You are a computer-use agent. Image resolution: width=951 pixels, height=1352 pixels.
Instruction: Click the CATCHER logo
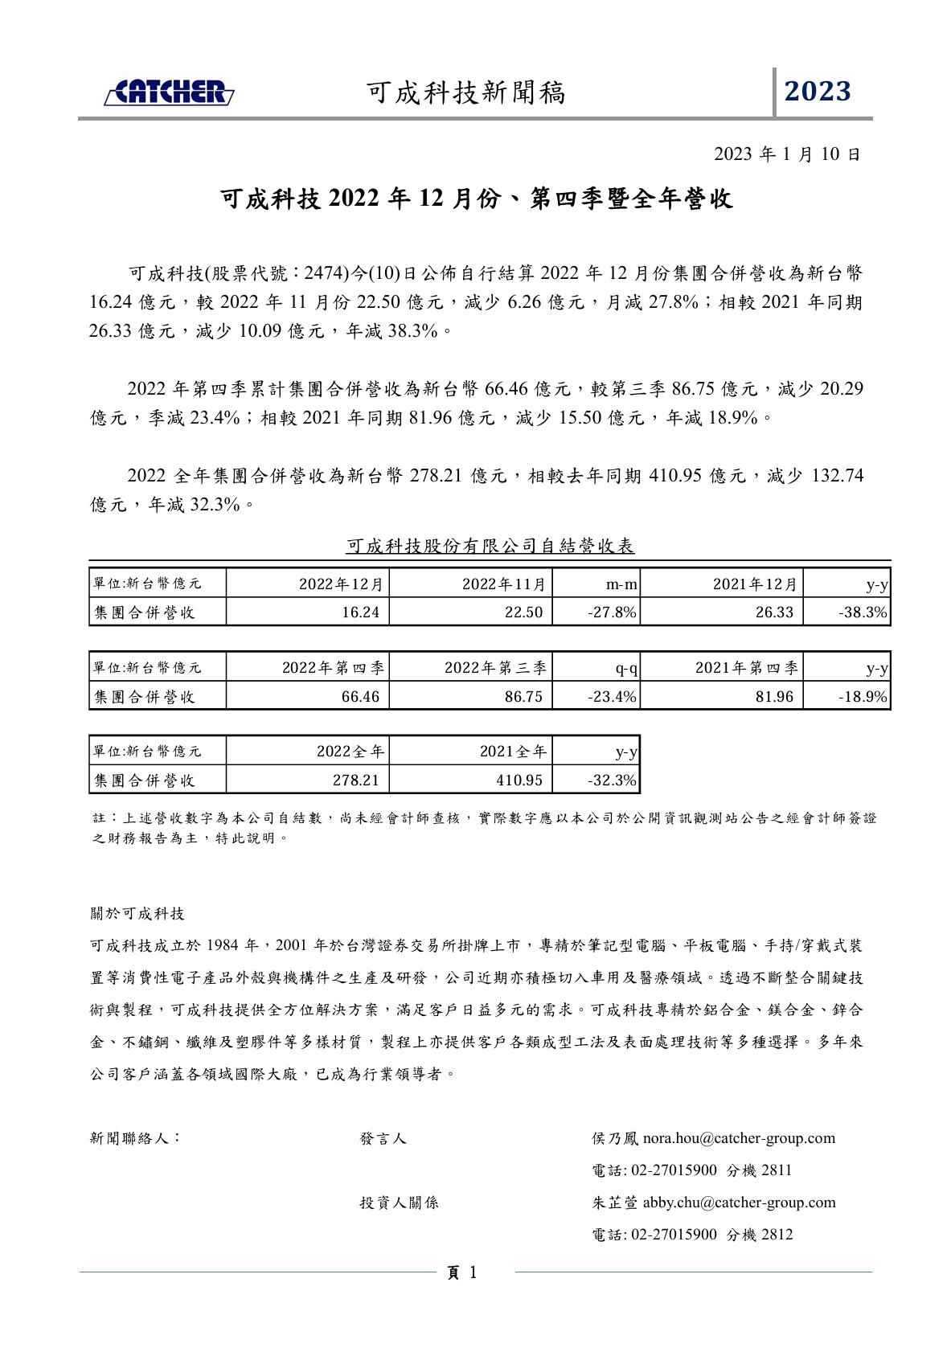point(169,92)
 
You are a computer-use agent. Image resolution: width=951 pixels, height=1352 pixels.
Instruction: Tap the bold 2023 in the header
point(818,92)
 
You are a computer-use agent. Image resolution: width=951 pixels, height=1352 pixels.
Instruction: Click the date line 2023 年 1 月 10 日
point(787,154)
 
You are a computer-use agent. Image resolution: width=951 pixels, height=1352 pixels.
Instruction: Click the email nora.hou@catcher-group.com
point(739,1138)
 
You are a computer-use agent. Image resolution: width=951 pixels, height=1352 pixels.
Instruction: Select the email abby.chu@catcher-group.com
point(739,1202)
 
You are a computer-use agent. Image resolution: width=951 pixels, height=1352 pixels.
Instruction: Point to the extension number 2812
point(777,1235)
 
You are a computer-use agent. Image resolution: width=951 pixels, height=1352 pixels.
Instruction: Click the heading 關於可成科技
point(137,914)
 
